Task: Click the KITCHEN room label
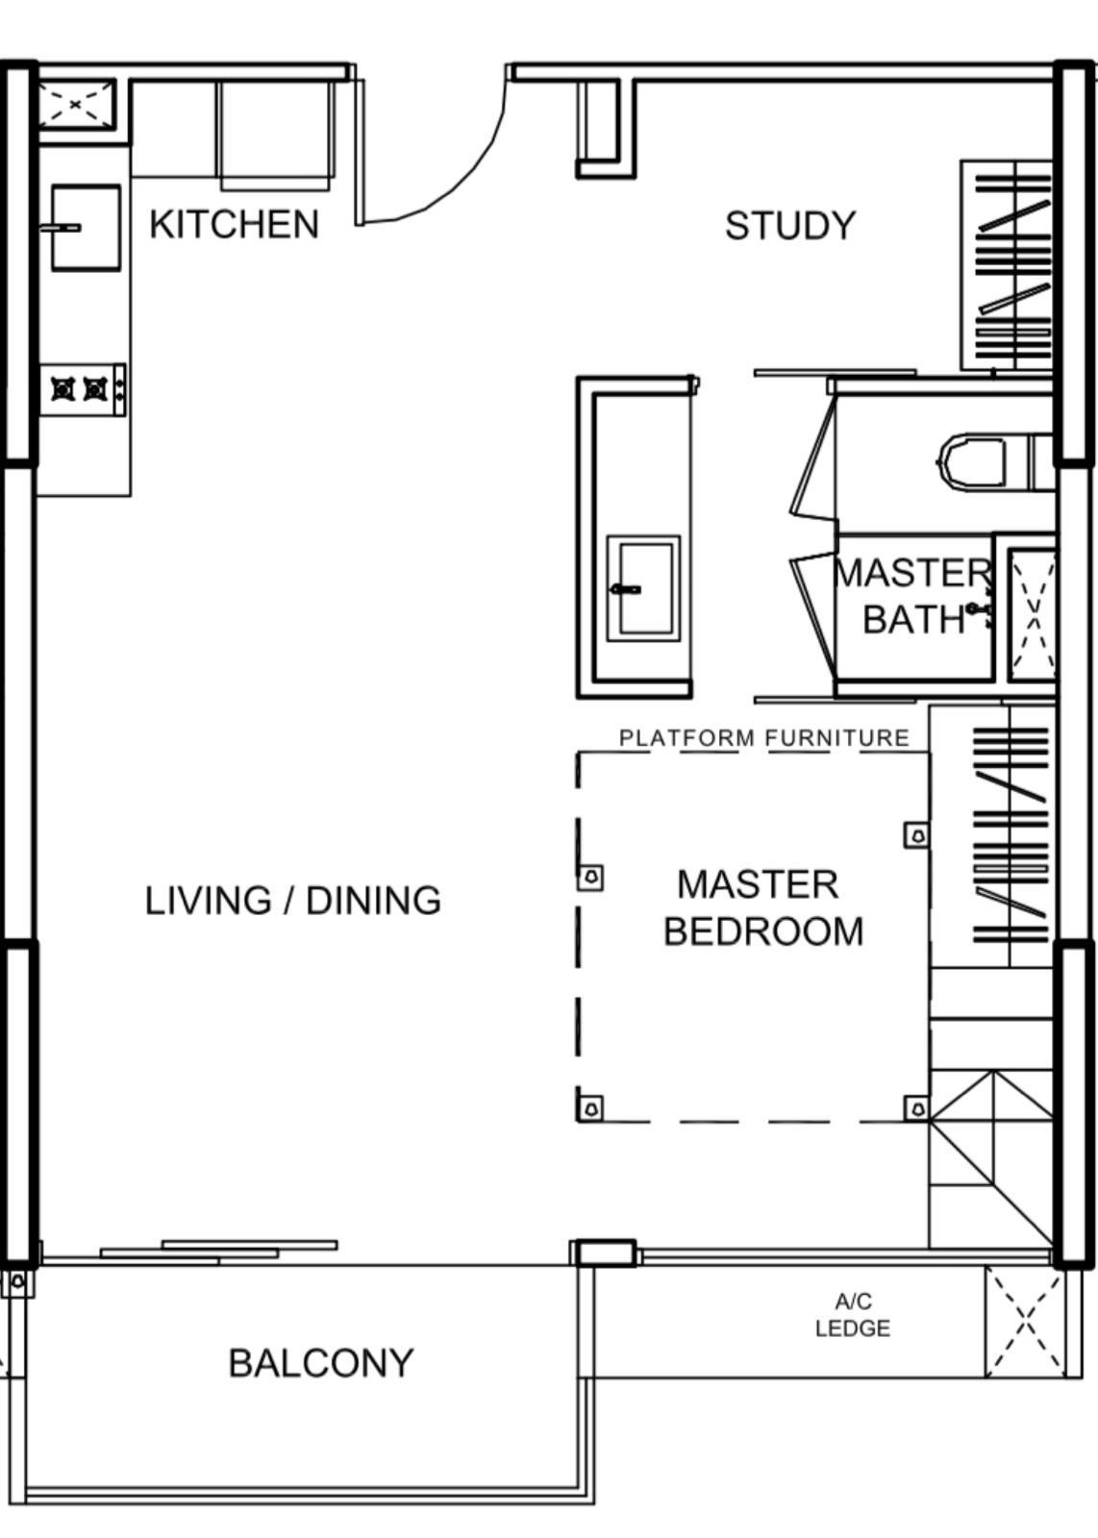pyautogui.click(x=235, y=225)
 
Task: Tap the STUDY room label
pyautogui.click(x=790, y=225)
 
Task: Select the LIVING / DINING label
pyautogui.click(x=292, y=900)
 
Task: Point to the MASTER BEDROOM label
pyautogui.click(x=762, y=907)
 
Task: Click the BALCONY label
pyautogui.click(x=321, y=1363)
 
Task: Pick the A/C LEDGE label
pyautogui.click(x=853, y=1315)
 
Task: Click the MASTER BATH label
pyautogui.click(x=913, y=596)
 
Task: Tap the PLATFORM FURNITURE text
pyautogui.click(x=764, y=738)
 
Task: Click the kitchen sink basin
pyautogui.click(x=86, y=227)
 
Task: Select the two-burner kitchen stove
pyautogui.click(x=83, y=389)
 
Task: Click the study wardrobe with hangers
pyautogui.click(x=1007, y=265)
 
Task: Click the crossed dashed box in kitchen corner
pyautogui.click(x=76, y=105)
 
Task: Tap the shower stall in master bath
pyautogui.click(x=1032, y=612)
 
